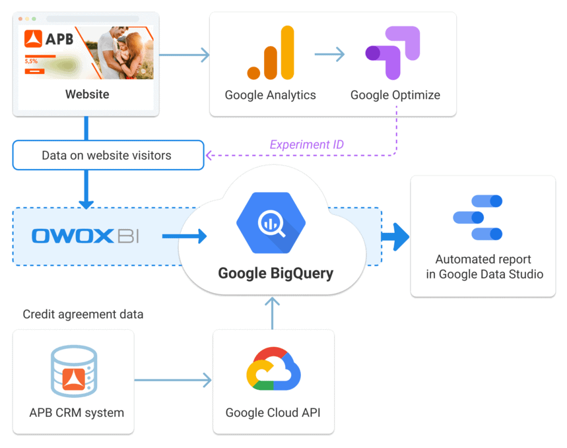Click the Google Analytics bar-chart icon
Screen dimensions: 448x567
(271, 54)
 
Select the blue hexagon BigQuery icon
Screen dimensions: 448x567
(271, 223)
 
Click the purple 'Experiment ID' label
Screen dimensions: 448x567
(307, 144)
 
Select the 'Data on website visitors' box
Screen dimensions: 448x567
(108, 156)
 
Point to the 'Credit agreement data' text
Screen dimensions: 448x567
(83, 315)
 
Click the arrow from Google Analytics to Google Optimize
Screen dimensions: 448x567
(329, 54)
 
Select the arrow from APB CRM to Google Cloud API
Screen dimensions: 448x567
(173, 380)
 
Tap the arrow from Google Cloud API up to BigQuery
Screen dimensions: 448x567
(271, 312)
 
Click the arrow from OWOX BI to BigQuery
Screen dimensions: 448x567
(184, 236)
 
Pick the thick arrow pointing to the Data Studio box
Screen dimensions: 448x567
(395, 236)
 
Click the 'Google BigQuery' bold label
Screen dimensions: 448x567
(276, 272)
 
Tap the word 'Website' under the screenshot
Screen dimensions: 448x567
(87, 94)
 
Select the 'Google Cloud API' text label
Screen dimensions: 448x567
(273, 413)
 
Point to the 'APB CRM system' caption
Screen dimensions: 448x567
(77, 413)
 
